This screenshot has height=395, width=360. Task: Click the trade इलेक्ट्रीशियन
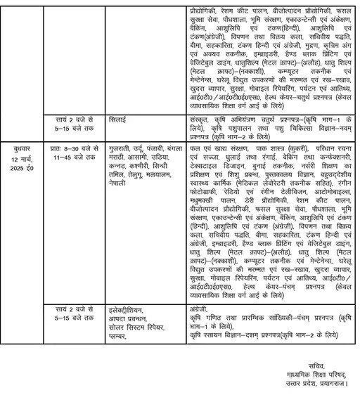pos(130,307)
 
